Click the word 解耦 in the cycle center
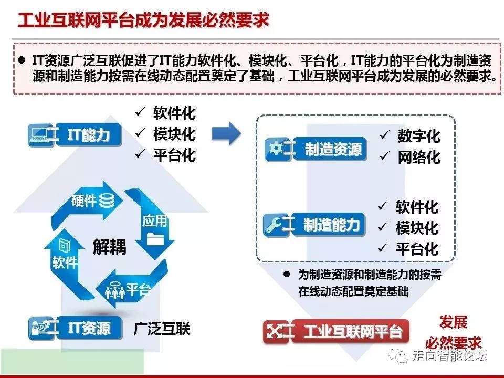click(110, 247)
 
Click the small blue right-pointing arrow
click(226, 134)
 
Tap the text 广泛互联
click(162, 329)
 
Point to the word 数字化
click(419, 136)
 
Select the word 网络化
click(419, 157)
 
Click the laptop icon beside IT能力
click(38, 135)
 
